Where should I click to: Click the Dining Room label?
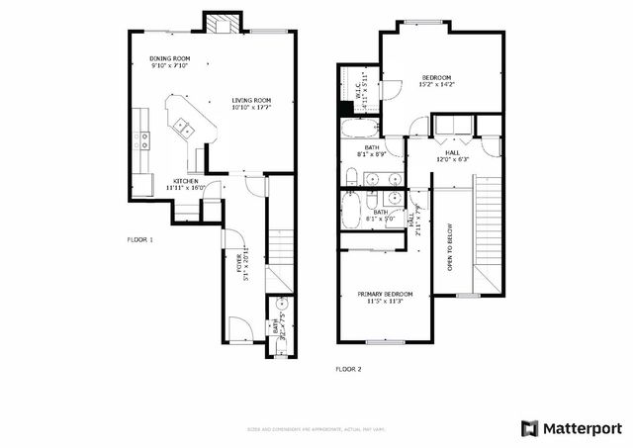click(x=169, y=61)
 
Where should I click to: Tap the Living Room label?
click(x=251, y=103)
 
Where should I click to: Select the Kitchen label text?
click(x=187, y=184)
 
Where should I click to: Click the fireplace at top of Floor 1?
click(x=221, y=23)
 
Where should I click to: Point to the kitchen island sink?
click(x=183, y=126)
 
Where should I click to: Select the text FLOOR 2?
click(x=348, y=369)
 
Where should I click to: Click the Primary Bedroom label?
click(x=385, y=297)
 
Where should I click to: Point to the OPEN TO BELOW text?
click(x=450, y=247)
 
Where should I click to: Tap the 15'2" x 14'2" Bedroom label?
click(x=436, y=81)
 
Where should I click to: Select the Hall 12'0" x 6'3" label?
click(x=451, y=156)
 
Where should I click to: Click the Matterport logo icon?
click(x=530, y=428)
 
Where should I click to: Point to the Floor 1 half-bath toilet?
click(x=281, y=303)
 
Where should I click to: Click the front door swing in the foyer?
click(x=239, y=328)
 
